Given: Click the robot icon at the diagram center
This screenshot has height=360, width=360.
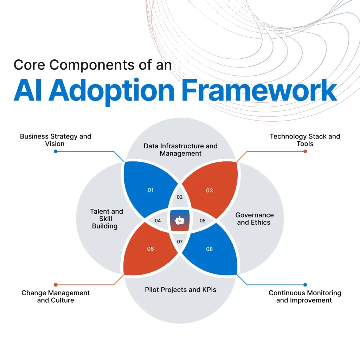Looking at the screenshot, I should (x=180, y=220).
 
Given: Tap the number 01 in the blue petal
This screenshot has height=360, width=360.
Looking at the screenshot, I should (x=150, y=190).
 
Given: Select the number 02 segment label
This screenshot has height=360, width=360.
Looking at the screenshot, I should (x=180, y=197).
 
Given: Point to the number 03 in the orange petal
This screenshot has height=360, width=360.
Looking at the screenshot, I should (x=210, y=191).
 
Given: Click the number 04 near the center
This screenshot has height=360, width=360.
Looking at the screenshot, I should (x=157, y=221).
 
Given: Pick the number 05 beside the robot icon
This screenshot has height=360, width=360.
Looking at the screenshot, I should (x=202, y=221).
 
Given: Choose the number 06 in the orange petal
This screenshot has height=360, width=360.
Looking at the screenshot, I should (x=150, y=249).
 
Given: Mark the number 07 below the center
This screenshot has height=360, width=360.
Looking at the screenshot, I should (x=180, y=242).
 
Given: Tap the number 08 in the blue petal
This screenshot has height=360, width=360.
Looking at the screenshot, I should (x=210, y=249).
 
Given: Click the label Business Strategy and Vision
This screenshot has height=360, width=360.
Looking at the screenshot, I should (x=56, y=140).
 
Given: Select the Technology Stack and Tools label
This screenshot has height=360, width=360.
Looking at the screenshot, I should (x=305, y=140).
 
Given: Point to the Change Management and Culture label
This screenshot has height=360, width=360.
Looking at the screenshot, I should (x=56, y=296).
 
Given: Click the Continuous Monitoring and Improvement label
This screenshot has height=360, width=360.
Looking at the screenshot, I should (x=305, y=296).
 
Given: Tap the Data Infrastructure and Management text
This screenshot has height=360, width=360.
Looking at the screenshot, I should (x=180, y=149).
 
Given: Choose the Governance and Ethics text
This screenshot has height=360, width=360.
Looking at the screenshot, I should (x=255, y=219).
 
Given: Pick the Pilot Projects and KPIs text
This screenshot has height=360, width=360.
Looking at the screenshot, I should (x=180, y=290).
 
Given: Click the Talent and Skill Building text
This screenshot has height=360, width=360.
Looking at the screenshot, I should (x=106, y=219).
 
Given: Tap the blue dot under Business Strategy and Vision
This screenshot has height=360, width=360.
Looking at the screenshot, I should (x=56, y=152).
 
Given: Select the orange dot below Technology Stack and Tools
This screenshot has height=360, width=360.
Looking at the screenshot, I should (x=305, y=152).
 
